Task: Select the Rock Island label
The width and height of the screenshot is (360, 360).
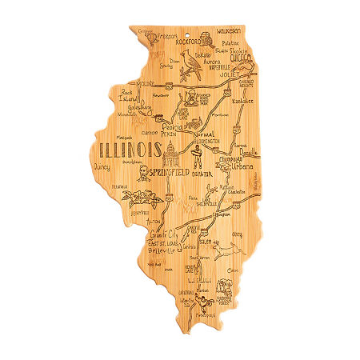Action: point(127,97)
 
